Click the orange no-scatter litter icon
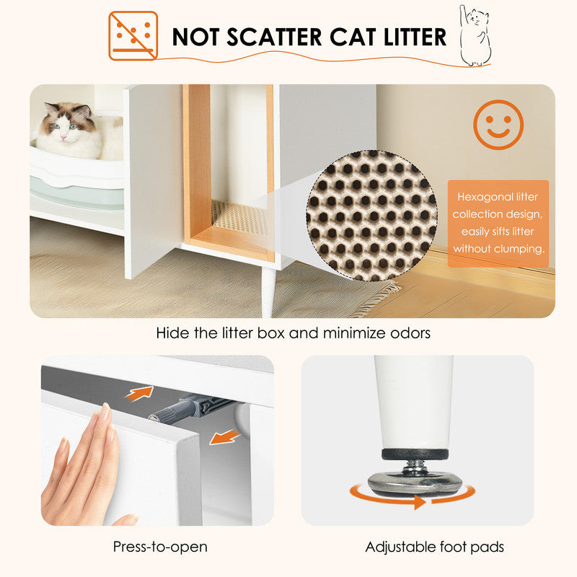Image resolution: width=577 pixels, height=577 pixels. [133, 35]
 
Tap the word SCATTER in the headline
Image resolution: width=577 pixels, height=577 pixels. [274, 38]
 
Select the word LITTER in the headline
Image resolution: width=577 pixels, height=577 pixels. [415, 38]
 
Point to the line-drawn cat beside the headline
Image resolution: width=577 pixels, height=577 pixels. [475, 35]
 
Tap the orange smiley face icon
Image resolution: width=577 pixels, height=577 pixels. [498, 124]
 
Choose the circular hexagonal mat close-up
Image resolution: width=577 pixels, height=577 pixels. [371, 215]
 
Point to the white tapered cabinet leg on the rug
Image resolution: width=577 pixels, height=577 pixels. [268, 292]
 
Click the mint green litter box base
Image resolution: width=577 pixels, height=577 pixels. [77, 194]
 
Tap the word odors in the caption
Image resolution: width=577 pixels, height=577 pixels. [410, 333]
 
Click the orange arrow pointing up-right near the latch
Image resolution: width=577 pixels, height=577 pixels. [140, 393]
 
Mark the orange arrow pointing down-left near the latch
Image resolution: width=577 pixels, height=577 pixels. [224, 437]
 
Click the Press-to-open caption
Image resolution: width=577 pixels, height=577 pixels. [160, 547]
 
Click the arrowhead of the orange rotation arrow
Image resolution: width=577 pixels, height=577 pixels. [420, 502]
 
